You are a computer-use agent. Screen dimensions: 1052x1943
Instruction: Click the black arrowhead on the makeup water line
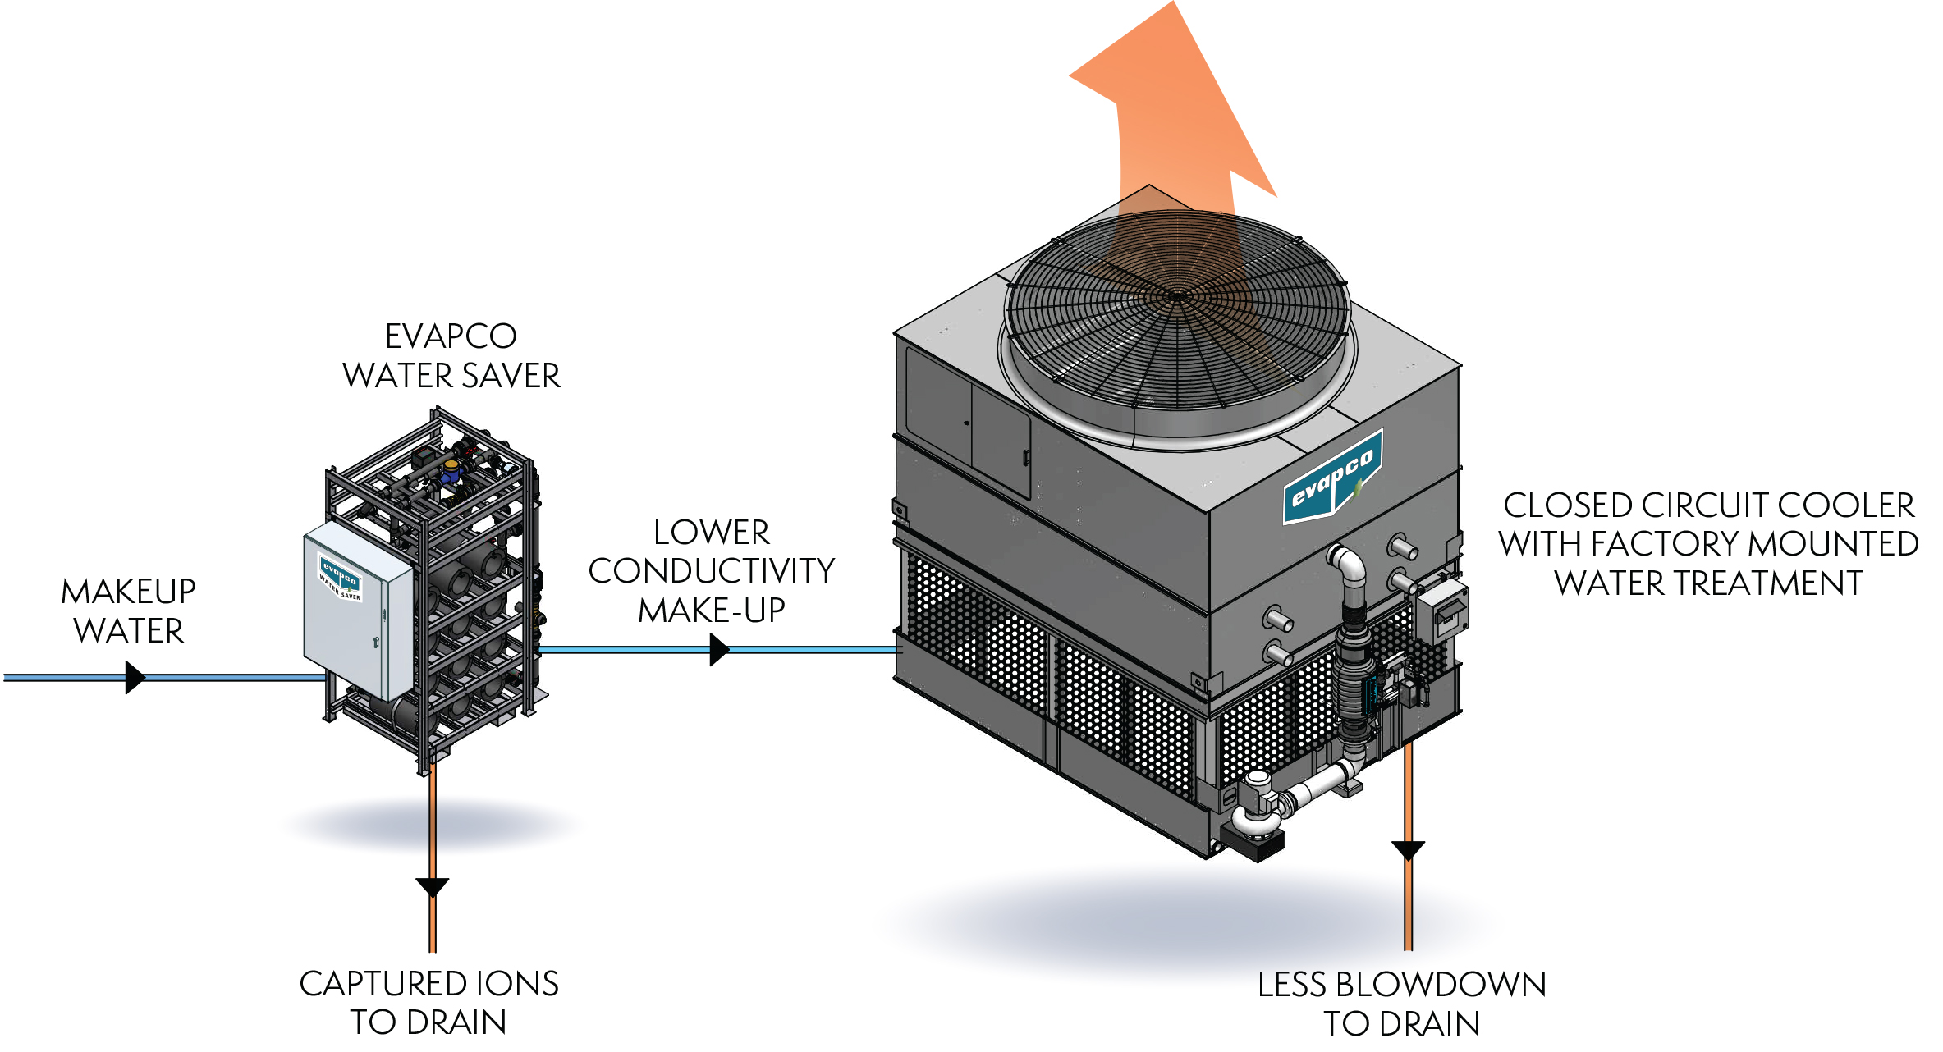[x=135, y=678]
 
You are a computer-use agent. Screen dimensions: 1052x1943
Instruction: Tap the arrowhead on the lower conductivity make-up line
[x=719, y=650]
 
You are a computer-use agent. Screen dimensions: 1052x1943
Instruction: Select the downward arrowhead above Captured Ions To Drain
[x=432, y=886]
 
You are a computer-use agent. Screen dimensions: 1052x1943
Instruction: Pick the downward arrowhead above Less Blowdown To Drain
[x=1408, y=849]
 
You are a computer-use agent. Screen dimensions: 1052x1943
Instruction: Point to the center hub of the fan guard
[x=1179, y=295]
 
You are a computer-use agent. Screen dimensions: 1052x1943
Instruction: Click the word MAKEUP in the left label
[x=129, y=592]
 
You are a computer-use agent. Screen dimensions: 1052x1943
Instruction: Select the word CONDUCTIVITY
[x=712, y=571]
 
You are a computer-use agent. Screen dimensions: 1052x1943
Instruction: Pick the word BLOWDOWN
[x=1441, y=985]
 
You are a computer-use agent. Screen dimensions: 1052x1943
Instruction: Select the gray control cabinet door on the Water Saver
[x=358, y=611]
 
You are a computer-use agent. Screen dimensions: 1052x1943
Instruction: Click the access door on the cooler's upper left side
[x=1001, y=443]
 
